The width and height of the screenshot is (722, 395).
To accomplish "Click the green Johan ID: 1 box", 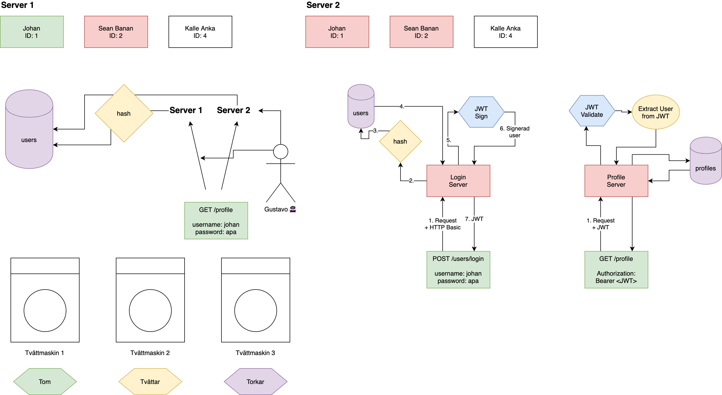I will pyautogui.click(x=32, y=32).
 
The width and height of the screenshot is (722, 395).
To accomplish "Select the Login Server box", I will pyautogui.click(x=458, y=181).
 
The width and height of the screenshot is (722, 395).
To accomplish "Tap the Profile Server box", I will pyautogui.click(x=616, y=181).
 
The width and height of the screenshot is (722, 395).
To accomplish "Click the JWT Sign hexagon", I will pyautogui.click(x=481, y=112).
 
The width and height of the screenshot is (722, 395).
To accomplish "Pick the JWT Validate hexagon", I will pyautogui.click(x=592, y=111).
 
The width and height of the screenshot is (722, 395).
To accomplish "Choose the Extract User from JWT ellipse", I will pyautogui.click(x=655, y=112).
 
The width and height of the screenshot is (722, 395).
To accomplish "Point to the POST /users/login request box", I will pyautogui.click(x=458, y=270).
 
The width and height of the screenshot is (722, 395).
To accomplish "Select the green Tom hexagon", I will pyautogui.click(x=45, y=382).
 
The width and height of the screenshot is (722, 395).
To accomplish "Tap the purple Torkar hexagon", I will pyautogui.click(x=255, y=382).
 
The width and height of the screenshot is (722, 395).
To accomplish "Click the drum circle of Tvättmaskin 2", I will pyautogui.click(x=150, y=311).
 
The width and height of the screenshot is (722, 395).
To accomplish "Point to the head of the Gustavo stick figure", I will pyautogui.click(x=281, y=152).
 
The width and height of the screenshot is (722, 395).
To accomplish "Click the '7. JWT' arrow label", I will pyautogui.click(x=474, y=219).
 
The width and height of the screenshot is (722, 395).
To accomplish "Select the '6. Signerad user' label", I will pyautogui.click(x=515, y=132).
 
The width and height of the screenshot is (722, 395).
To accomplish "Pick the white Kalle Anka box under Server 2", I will pyautogui.click(x=505, y=32).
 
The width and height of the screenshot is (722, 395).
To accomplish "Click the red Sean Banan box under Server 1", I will pyautogui.click(x=116, y=32).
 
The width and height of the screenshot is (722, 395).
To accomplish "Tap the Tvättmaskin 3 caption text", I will pyautogui.click(x=255, y=353).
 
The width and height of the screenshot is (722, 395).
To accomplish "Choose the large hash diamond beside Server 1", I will pyautogui.click(x=124, y=113).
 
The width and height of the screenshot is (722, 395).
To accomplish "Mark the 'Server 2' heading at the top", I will pyautogui.click(x=323, y=5).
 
